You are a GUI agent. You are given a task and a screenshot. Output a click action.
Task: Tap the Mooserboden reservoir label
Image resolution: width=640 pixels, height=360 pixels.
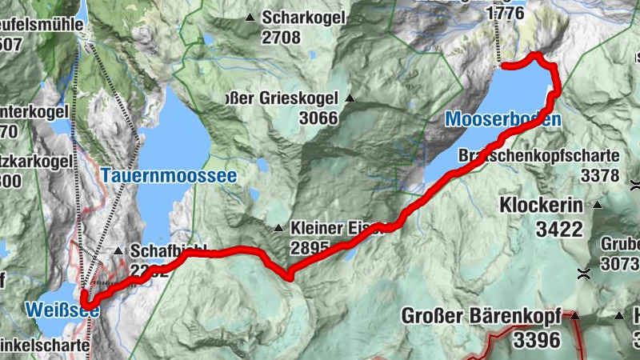pyautogui.click(x=502, y=119)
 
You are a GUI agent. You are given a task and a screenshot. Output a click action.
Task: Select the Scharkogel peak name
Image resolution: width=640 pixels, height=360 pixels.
pyautogui.click(x=306, y=18)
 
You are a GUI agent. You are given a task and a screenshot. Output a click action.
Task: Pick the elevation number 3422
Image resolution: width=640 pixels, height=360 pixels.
pyautogui.click(x=559, y=230)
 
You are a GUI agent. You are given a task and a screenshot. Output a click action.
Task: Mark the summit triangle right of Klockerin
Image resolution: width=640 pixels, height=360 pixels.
pyautogui.click(x=596, y=206)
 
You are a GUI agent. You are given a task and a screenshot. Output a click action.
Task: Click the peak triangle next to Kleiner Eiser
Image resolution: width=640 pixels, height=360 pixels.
pyautogui.click(x=278, y=228)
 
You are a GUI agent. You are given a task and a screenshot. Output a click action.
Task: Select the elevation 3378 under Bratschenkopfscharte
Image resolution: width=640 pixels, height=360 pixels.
pyautogui.click(x=600, y=174)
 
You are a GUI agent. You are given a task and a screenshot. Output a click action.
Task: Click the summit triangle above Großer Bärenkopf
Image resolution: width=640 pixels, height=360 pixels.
pyautogui.click(x=574, y=315)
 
